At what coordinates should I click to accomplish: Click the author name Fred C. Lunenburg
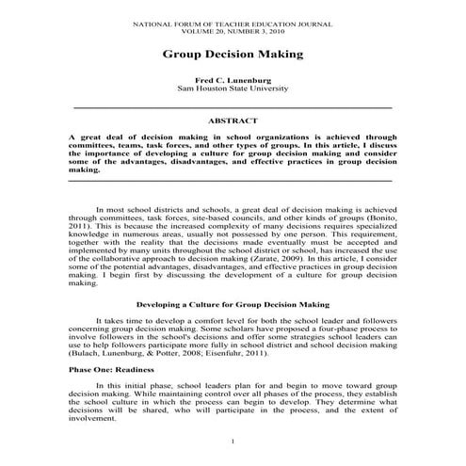click(233, 80)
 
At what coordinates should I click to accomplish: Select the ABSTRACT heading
click(233, 121)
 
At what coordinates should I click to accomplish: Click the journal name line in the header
click(233, 20)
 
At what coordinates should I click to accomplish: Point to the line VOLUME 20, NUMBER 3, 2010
click(233, 28)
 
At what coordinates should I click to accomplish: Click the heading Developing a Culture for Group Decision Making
click(232, 305)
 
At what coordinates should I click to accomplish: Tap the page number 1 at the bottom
click(233, 441)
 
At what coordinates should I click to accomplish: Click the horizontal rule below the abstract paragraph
click(233, 180)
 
